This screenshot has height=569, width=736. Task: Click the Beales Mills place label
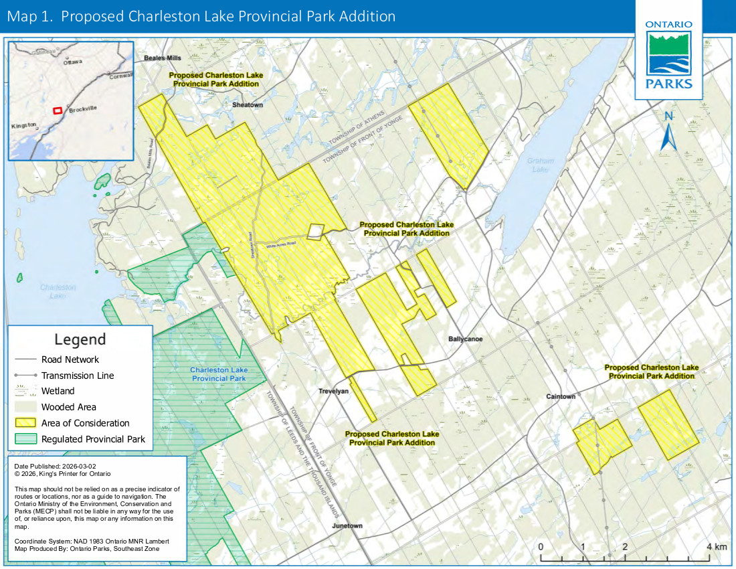163,58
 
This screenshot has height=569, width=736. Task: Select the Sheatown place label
248,105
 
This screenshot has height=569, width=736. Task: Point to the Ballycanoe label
466,339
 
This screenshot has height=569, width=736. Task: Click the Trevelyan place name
334,392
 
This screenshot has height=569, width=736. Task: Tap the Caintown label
560,396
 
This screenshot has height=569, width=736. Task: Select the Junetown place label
347,525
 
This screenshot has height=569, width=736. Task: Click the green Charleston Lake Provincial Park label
219,374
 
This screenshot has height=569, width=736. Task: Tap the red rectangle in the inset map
58,109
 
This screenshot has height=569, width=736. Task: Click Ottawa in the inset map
72,62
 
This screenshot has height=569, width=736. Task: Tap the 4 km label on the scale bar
717,547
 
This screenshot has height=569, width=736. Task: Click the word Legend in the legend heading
80,339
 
